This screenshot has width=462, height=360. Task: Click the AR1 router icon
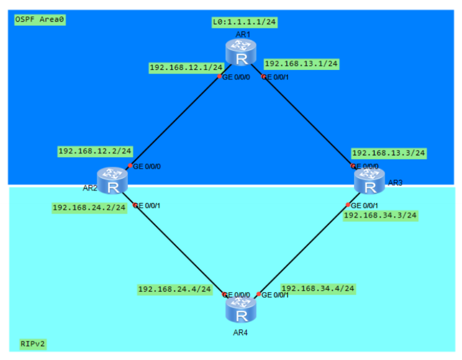coord(242,53)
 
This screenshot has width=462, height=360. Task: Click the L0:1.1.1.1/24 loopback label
coord(244,22)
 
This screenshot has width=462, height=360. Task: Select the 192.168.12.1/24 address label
coord(186,67)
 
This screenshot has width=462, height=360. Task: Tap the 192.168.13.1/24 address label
coord(301,64)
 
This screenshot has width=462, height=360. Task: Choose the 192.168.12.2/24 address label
coord(95,151)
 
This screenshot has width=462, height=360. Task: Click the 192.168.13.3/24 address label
coord(388,153)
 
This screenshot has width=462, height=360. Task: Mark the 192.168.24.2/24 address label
coord(89,208)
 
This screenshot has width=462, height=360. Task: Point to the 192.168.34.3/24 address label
coord(380,215)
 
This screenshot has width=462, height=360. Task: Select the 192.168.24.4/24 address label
coord(174,289)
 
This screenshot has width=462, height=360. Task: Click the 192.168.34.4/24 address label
coord(318,288)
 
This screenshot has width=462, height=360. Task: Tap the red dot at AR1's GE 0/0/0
coord(219,76)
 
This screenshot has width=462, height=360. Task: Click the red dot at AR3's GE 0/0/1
coord(348,205)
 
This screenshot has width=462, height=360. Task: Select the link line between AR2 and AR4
coord(179,249)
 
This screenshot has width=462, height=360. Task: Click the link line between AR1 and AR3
coord(308,121)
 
